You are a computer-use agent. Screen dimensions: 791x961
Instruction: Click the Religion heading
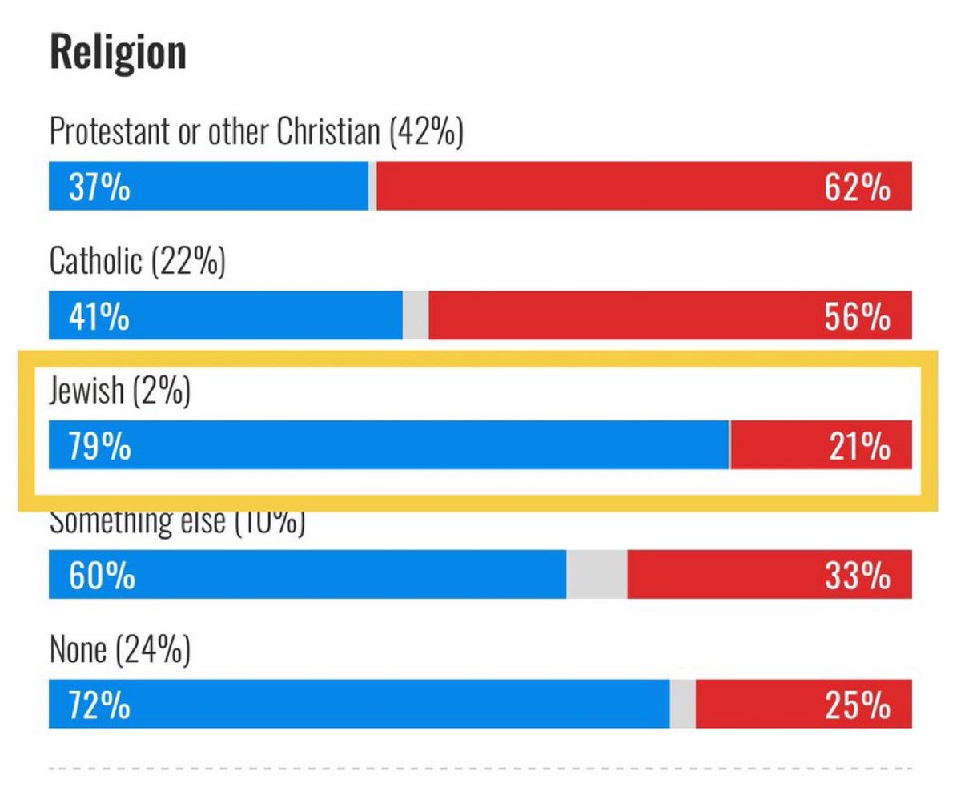pyautogui.click(x=118, y=52)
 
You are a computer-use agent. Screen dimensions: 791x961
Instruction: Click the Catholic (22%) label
pyautogui.click(x=137, y=262)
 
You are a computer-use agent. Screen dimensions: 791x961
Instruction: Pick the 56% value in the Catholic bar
pyautogui.click(x=856, y=317)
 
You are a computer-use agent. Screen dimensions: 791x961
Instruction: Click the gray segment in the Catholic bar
pyautogui.click(x=416, y=315)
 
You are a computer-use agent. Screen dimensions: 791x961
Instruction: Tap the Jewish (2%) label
pyautogui.click(x=119, y=392)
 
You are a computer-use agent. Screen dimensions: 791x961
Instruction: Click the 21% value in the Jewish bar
pyautogui.click(x=858, y=446)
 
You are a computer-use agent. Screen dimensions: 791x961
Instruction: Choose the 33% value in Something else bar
pyautogui.click(x=857, y=576)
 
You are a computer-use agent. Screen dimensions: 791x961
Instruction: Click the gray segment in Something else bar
pyautogui.click(x=597, y=575)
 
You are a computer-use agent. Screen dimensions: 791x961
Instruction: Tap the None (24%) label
pyautogui.click(x=119, y=651)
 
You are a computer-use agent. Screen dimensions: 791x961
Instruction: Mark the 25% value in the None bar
pyautogui.click(x=857, y=705)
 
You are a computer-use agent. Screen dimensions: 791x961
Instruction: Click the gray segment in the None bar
pyautogui.click(x=682, y=705)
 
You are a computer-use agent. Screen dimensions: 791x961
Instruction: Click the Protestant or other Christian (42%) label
pyautogui.click(x=256, y=132)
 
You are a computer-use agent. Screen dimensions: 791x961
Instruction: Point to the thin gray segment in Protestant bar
pyautogui.click(x=372, y=186)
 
